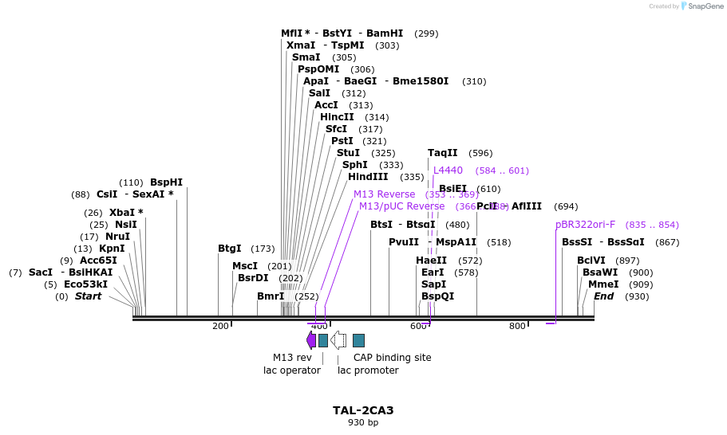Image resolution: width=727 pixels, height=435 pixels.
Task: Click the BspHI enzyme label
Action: [x=166, y=182]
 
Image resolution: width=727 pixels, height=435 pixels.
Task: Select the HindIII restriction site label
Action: [x=368, y=177]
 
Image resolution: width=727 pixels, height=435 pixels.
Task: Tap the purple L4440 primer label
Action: [x=448, y=170]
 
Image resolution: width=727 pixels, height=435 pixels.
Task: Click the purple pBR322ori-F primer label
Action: [x=586, y=225]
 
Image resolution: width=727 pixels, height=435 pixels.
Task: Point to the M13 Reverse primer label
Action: [x=384, y=194]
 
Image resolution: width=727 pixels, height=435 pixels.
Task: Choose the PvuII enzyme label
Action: [x=404, y=242]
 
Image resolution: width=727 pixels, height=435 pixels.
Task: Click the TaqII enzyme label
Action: [x=443, y=153]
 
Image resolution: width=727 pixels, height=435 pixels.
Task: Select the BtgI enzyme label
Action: [x=230, y=249]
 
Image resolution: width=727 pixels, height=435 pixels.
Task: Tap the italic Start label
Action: [x=88, y=296]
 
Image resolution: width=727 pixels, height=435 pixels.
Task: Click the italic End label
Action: [x=604, y=296]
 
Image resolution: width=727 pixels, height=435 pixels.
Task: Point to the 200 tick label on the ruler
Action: [x=220, y=326]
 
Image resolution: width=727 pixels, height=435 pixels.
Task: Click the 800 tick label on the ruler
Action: [x=517, y=326]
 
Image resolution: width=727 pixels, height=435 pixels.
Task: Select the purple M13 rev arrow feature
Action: [x=311, y=340]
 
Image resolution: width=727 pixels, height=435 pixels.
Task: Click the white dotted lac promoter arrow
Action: [x=338, y=340]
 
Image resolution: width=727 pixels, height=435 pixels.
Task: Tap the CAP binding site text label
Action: [x=392, y=358]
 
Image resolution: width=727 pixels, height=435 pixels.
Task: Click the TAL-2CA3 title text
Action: [x=363, y=410]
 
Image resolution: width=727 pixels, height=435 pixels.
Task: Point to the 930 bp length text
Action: [x=363, y=423]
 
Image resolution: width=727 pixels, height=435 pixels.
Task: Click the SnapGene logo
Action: [x=701, y=6]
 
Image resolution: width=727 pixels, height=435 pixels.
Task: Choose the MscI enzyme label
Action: [x=245, y=266]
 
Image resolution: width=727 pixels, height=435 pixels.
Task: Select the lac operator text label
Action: [x=292, y=370]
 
